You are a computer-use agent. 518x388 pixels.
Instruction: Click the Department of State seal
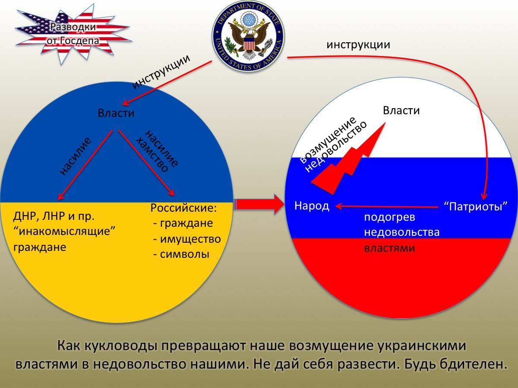click(x=248, y=36)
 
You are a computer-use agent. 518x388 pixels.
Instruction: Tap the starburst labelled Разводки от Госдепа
click(x=73, y=34)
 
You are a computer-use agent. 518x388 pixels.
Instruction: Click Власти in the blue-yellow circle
click(x=116, y=113)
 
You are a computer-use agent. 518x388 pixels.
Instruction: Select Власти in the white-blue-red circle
click(x=401, y=110)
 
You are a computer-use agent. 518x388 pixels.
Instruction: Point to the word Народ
click(x=312, y=206)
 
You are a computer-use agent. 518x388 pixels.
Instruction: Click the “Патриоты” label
click(x=476, y=207)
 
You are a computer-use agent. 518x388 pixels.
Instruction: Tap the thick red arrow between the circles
click(x=259, y=204)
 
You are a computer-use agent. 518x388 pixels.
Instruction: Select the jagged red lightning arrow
click(x=348, y=159)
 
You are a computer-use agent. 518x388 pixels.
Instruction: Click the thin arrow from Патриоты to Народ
click(x=387, y=207)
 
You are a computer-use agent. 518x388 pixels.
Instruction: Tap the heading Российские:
click(x=183, y=208)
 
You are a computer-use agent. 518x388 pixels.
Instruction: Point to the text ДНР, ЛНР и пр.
click(x=54, y=216)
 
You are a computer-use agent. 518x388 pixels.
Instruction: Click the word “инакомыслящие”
click(x=64, y=231)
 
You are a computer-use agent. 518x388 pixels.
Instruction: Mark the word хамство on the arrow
click(x=152, y=155)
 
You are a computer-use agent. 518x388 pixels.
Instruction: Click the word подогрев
click(x=390, y=217)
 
